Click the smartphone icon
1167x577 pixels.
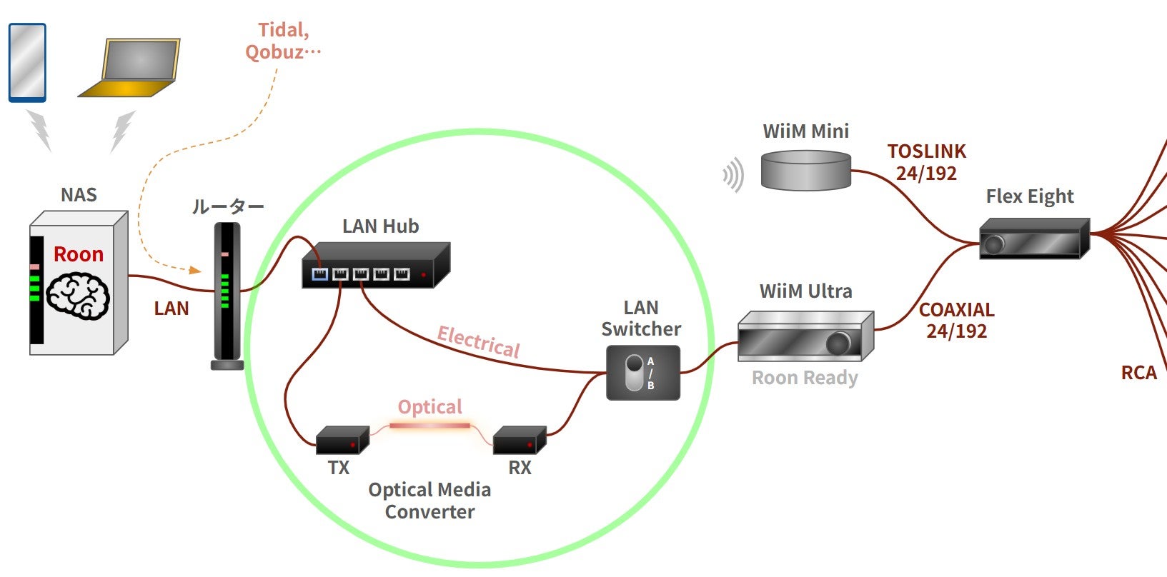[27, 62]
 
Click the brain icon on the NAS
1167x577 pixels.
[78, 296]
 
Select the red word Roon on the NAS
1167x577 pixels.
[79, 254]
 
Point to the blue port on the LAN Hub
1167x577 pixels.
[319, 274]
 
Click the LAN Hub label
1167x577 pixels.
[380, 226]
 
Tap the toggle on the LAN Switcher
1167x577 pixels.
[634, 373]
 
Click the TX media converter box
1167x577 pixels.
[342, 441]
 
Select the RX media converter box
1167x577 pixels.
[520, 441]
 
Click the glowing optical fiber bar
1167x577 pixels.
[430, 426]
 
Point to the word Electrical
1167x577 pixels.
[478, 341]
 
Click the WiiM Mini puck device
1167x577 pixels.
[805, 170]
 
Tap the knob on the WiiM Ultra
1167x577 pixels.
[838, 344]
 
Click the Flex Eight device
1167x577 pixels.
[1033, 239]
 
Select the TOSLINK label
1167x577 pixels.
[926, 151]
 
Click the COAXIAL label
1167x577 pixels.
[956, 310]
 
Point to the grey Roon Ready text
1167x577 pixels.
[805, 378]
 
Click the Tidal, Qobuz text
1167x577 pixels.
[283, 41]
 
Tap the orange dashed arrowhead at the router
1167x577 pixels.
[195, 270]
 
